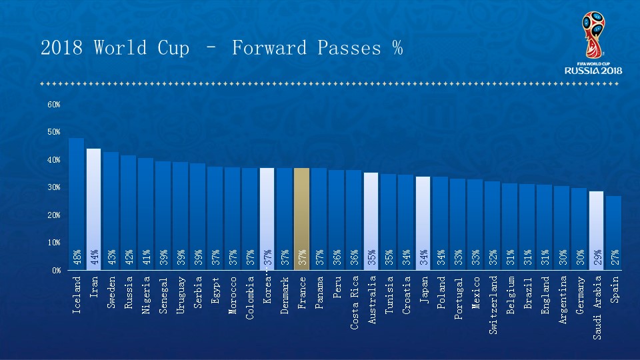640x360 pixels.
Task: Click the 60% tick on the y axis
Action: (54, 105)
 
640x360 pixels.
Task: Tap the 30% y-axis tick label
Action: (54, 187)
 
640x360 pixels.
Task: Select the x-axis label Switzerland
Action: (493, 305)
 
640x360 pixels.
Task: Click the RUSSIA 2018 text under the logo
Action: (593, 70)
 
